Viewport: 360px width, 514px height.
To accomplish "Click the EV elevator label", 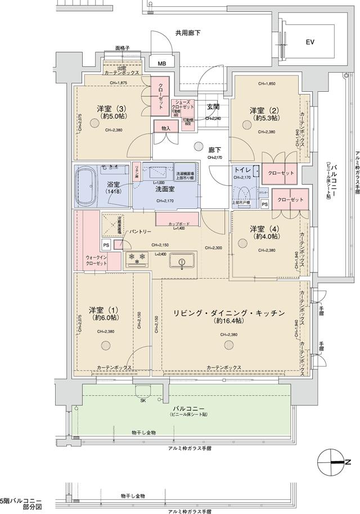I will click(310, 42).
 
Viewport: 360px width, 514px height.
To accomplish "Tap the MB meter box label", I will click(161, 63).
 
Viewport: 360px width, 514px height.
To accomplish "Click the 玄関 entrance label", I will click(213, 106).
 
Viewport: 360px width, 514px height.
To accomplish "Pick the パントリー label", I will click(139, 231).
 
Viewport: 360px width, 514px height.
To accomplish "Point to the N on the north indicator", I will click(348, 462).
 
